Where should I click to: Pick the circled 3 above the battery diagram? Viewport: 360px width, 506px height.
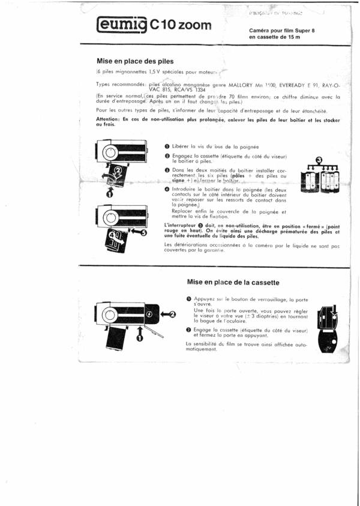point(319,160)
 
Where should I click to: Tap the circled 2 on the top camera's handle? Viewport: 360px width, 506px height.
point(119,170)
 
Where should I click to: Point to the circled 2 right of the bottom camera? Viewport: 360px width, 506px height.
point(171,313)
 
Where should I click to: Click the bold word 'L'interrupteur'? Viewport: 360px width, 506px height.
point(181,224)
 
